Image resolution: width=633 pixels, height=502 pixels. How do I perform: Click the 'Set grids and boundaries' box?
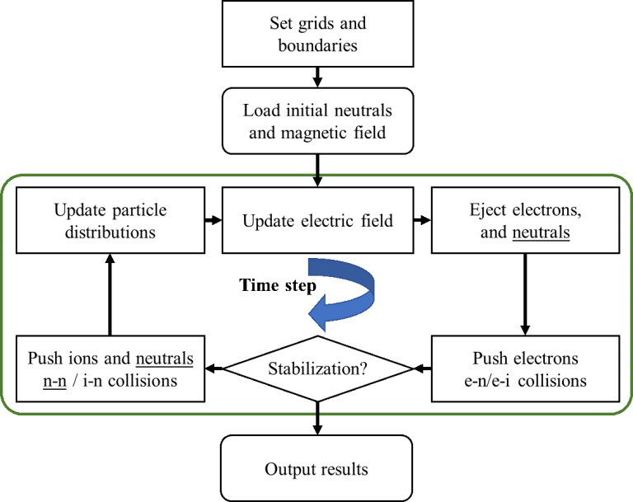point(317,34)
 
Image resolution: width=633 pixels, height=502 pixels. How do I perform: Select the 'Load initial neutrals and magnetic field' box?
point(317,121)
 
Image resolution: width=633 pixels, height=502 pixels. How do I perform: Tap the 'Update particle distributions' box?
point(105,220)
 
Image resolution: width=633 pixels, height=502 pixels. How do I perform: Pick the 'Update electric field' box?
point(317,221)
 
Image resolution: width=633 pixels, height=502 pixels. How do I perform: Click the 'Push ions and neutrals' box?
point(110,369)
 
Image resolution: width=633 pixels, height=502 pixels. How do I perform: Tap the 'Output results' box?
point(317,469)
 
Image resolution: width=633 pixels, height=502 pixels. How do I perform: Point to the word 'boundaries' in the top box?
point(317,45)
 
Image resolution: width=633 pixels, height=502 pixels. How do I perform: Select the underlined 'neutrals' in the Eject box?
point(542,232)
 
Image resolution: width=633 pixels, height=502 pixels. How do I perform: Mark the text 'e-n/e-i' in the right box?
point(505,381)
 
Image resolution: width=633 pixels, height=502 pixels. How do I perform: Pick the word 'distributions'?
point(105,232)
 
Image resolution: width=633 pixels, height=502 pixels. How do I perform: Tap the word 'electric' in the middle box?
point(342,221)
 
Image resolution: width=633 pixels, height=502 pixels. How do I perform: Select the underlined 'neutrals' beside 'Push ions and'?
point(165,359)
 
